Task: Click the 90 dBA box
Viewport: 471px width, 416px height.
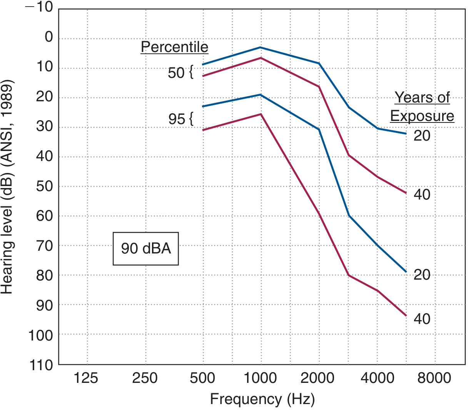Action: coord(146,248)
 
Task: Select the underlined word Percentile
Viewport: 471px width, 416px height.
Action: coord(174,47)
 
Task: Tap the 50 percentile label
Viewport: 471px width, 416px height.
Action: coord(176,72)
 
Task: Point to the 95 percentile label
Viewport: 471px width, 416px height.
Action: coord(177,119)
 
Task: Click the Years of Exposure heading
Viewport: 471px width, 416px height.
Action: coord(422,107)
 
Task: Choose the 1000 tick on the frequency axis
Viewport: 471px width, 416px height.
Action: coord(261,378)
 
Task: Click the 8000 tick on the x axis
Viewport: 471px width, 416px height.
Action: coord(434,378)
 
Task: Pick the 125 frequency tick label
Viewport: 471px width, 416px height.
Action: coord(86,378)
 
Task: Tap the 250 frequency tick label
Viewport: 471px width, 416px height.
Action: coord(145,378)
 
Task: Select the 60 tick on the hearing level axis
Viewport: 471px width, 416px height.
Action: coord(44,216)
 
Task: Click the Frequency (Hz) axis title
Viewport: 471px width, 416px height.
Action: coord(262,399)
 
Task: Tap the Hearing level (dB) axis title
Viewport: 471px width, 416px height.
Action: coord(7,187)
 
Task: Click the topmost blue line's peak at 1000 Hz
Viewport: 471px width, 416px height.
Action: coord(261,47)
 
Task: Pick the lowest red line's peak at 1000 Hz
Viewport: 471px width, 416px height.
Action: coord(261,114)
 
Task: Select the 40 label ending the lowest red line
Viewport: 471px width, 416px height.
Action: coord(422,319)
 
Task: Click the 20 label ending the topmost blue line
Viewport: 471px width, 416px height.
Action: coord(422,136)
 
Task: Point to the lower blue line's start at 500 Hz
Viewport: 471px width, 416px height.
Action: coord(203,106)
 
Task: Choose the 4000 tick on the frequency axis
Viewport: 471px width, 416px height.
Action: coord(377,378)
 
